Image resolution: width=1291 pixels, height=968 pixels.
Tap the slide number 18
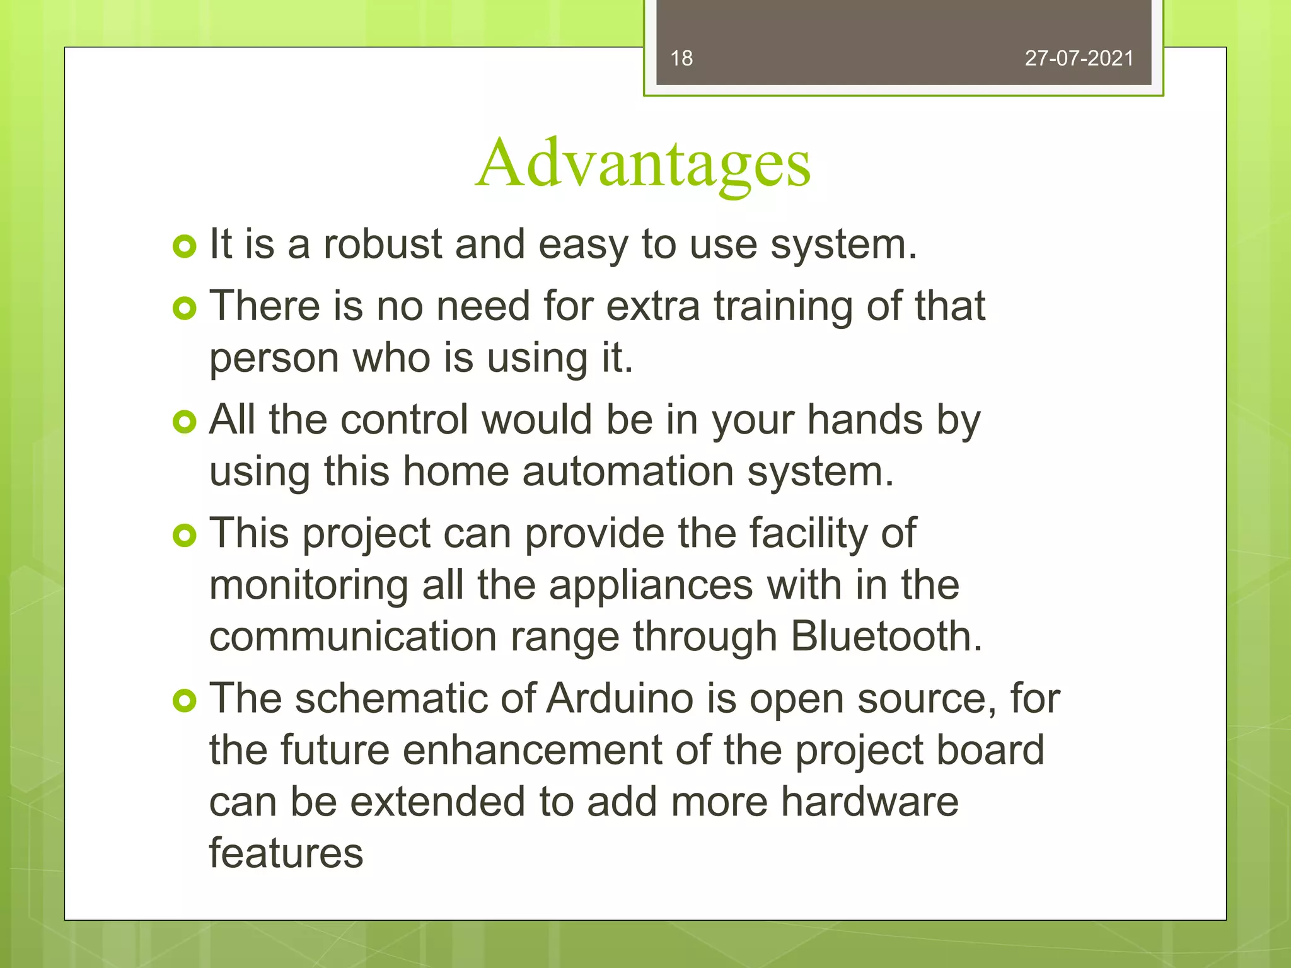tap(681, 59)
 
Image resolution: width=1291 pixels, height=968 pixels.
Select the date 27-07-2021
tap(1079, 59)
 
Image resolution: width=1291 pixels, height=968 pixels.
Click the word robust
tap(383, 244)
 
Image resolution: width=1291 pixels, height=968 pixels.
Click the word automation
tap(628, 472)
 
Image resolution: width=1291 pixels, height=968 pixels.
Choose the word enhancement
tap(532, 751)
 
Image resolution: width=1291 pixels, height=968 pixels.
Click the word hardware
tap(869, 802)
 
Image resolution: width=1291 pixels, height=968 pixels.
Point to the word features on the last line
tap(286, 854)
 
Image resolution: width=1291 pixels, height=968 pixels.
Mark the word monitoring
tap(308, 586)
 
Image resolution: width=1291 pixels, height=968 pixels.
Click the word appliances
tap(651, 586)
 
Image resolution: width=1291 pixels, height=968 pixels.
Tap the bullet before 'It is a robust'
tap(184, 246)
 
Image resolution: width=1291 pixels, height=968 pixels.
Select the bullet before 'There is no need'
tap(184, 308)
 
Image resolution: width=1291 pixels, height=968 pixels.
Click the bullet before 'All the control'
tap(184, 422)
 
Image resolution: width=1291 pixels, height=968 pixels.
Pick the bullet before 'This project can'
tap(184, 536)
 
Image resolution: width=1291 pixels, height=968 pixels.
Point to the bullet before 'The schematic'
tap(184, 701)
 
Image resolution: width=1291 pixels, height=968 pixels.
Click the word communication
tap(352, 637)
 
